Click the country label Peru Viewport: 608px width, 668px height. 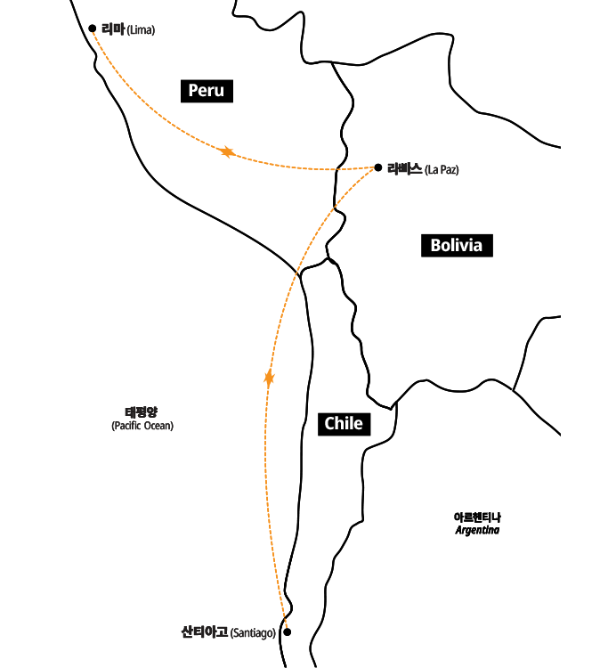206,90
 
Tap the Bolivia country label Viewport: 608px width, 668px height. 456,245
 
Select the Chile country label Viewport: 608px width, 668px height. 343,423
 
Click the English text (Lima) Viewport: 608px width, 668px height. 141,30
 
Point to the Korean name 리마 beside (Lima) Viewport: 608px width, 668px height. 113,29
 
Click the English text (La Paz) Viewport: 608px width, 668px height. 442,169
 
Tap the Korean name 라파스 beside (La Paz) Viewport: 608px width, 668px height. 404,168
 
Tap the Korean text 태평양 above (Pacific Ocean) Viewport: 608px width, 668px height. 142,412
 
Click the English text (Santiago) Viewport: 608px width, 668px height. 253,633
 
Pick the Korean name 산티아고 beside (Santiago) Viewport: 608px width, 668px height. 205,632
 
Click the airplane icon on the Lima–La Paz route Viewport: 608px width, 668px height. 228,152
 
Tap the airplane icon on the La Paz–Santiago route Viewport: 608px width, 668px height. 269,378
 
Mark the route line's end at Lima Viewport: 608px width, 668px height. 93,33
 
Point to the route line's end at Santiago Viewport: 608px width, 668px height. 287,626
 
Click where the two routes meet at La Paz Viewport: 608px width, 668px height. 373,167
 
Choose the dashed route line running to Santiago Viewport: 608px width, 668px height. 266,499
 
